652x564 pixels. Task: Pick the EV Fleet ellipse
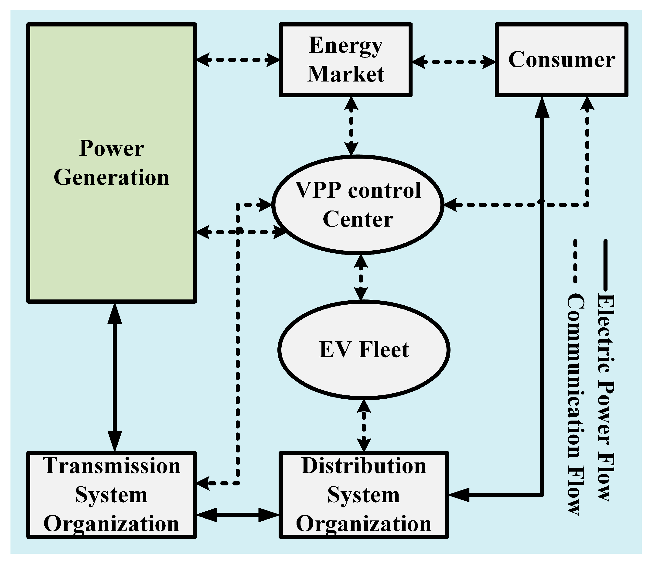pyautogui.click(x=364, y=350)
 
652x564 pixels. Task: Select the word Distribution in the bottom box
pyautogui.click(x=364, y=466)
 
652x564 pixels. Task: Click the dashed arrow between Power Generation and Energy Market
pyautogui.click(x=238, y=59)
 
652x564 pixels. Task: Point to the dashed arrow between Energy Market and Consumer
pyautogui.click(x=453, y=62)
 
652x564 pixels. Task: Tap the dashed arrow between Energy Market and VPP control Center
pyautogui.click(x=351, y=126)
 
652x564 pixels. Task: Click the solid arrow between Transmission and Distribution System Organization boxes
pyautogui.click(x=238, y=515)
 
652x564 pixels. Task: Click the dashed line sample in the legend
pyautogui.click(x=575, y=261)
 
